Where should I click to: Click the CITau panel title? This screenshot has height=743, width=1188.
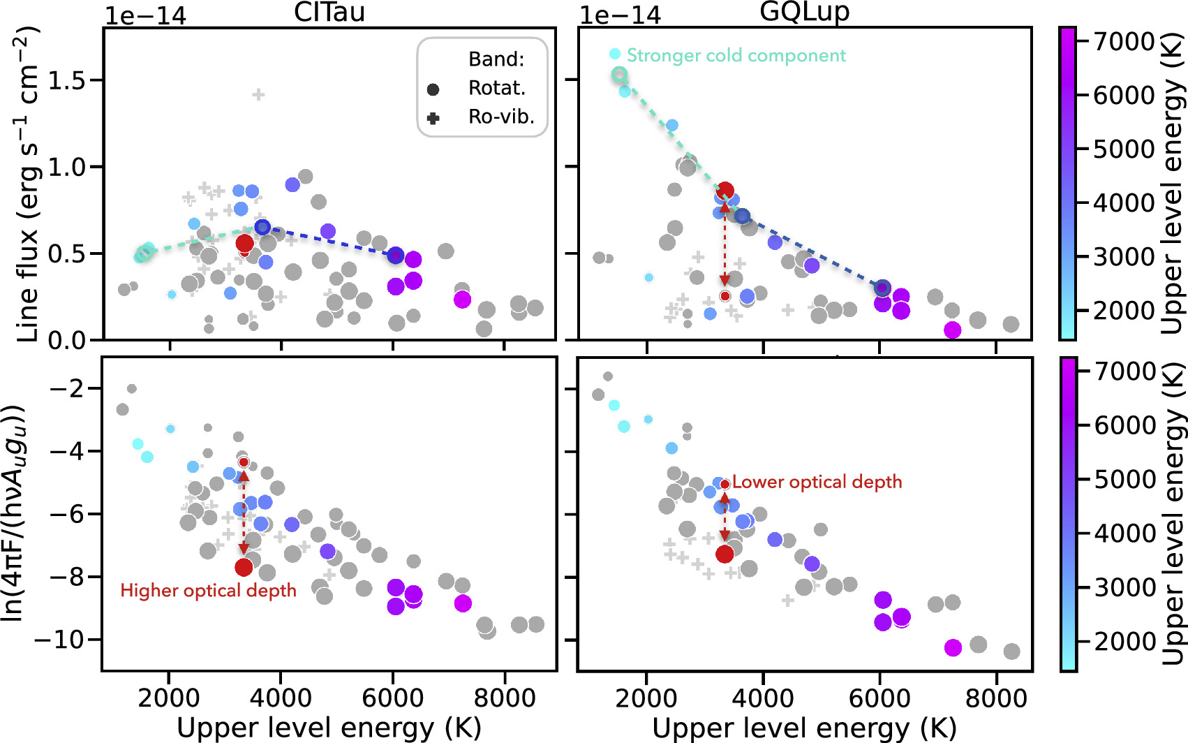tap(329, 12)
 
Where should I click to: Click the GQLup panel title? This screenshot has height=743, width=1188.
tap(805, 12)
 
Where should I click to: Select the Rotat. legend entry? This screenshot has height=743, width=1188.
tap(477, 89)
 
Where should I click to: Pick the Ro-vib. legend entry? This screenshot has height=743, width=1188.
tap(480, 117)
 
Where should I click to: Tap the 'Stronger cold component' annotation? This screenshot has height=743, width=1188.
tap(736, 55)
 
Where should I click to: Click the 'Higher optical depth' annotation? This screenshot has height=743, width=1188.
tap(209, 591)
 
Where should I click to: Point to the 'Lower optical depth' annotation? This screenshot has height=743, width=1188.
tap(817, 482)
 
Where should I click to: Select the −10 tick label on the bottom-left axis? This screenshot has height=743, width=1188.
tap(59, 640)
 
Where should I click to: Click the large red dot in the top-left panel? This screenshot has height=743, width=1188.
tap(244, 244)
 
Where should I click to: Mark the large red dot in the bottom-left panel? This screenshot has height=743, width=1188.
tap(244, 567)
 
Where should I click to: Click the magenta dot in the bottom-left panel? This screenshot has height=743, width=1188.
tap(463, 603)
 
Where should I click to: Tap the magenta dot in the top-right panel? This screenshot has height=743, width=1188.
tap(953, 330)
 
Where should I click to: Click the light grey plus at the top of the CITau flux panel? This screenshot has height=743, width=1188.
tap(258, 95)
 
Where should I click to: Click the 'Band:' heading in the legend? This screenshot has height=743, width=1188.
tap(496, 59)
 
